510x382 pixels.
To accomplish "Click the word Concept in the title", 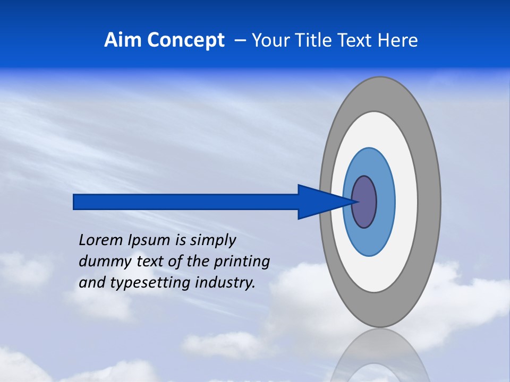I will (x=186, y=40).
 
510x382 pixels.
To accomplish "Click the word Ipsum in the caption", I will (x=149, y=240).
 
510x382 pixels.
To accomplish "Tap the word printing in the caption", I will (x=241, y=262).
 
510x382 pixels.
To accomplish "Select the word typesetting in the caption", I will (x=150, y=283).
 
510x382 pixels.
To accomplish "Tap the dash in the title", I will (x=240, y=40).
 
